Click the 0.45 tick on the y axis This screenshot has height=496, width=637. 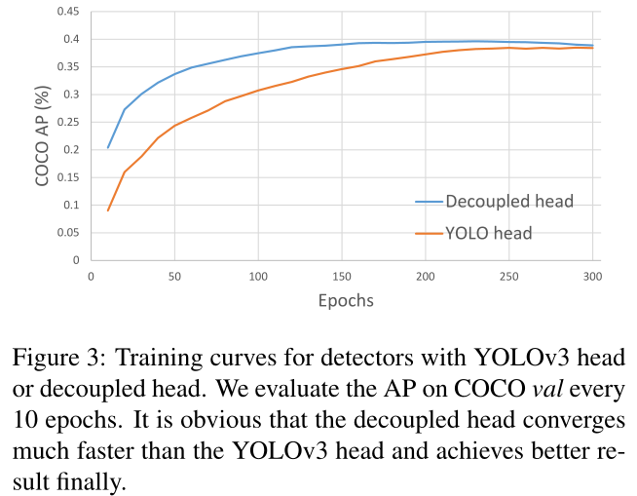68,12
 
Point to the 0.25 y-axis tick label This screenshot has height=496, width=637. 68,122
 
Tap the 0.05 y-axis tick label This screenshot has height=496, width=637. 68,233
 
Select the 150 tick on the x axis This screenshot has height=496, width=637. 342,277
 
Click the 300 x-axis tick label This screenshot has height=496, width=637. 592,277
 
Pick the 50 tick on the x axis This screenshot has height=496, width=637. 174,277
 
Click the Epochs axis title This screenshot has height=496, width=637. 346,301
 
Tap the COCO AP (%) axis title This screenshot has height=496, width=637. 42,135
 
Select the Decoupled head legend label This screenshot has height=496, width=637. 509,202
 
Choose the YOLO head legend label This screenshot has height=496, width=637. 489,233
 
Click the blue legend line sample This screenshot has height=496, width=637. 429,202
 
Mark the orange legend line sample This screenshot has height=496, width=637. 429,234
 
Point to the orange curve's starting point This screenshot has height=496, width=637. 108,210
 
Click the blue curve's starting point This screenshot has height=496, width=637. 108,147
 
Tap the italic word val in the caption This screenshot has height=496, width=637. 547,389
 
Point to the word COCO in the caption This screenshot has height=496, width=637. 490,389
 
